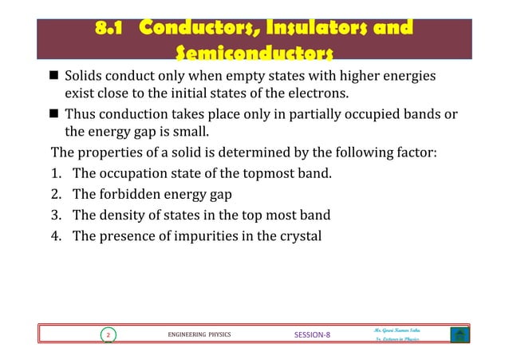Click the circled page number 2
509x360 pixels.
[x=107, y=335]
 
